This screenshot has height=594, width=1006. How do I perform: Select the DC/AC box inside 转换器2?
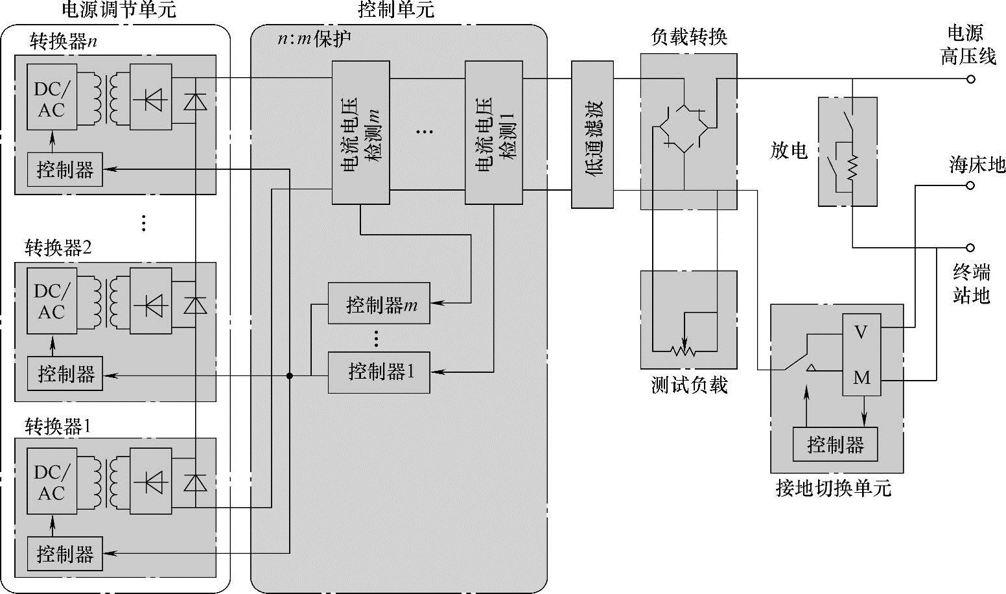point(51,302)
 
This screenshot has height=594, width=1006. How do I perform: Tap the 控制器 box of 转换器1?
point(65,553)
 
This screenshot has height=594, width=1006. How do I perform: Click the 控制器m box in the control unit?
point(379,303)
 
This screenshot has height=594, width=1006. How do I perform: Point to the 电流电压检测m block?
point(361,133)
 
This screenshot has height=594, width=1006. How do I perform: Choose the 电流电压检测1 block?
point(494,133)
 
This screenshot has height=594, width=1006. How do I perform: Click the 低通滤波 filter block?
point(592,135)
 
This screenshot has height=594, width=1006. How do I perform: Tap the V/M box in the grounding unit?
point(861,355)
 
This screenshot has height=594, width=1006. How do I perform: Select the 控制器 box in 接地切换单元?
point(835,444)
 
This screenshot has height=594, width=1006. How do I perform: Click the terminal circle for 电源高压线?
point(970,79)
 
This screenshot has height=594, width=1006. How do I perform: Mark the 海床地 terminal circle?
point(970,185)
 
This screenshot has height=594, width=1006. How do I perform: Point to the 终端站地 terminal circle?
point(970,248)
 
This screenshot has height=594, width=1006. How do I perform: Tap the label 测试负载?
point(689,385)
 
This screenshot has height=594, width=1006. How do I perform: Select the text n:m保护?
point(314,39)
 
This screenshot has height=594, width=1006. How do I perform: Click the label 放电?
point(789,151)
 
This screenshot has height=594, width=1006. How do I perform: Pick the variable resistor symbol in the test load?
point(683,351)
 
